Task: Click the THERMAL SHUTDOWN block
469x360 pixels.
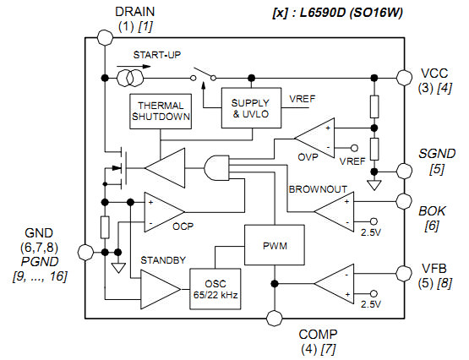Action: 161,112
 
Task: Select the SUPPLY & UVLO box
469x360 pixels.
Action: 251,108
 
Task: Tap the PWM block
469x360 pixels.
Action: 275,245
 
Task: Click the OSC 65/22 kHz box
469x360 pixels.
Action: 215,289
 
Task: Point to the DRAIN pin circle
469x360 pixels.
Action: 106,38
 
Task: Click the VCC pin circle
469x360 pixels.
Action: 404,78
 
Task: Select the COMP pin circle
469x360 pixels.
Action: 275,318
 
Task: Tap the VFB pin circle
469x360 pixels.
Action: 404,273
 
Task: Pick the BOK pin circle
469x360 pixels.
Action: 404,201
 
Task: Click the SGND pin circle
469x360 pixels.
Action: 404,172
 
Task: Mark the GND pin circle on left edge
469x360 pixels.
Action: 85,253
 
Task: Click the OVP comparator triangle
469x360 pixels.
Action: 314,138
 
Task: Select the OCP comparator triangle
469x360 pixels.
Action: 165,212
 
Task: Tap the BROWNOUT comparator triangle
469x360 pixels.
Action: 334,212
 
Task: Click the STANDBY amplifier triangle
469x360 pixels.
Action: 161,289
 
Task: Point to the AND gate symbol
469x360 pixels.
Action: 216,167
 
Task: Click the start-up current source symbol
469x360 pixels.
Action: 130,78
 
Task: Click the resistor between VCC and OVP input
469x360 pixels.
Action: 374,106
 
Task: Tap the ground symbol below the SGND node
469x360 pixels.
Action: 374,185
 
